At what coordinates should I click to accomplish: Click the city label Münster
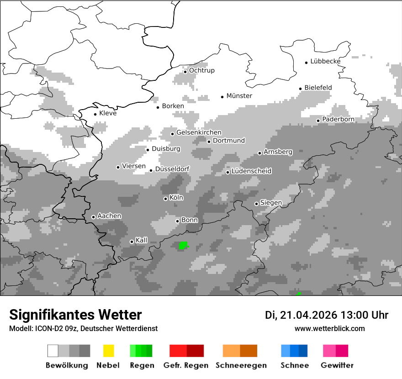point(239,96)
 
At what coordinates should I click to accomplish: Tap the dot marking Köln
point(165,199)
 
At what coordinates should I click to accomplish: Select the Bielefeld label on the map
point(318,88)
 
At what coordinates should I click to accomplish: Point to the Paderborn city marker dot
point(318,121)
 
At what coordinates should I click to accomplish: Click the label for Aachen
point(109,216)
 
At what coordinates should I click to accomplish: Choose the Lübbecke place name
point(325,61)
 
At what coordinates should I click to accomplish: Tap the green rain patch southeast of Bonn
point(183,246)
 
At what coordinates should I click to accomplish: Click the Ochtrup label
point(201,71)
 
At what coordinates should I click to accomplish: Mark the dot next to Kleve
point(95,114)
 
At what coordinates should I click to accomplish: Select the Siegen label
point(271,203)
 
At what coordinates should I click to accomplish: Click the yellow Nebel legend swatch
point(108,351)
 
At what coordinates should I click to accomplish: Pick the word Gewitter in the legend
point(337,365)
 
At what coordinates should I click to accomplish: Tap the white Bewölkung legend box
point(53,351)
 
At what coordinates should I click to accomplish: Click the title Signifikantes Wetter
point(75,315)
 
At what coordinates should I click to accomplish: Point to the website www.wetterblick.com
point(329,328)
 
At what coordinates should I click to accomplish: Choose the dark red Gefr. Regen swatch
point(195,351)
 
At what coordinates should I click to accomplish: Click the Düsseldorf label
point(172,169)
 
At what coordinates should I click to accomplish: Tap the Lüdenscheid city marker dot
point(227,172)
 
